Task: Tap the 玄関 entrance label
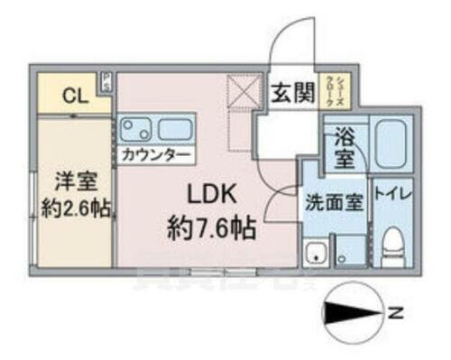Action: click(x=290, y=92)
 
